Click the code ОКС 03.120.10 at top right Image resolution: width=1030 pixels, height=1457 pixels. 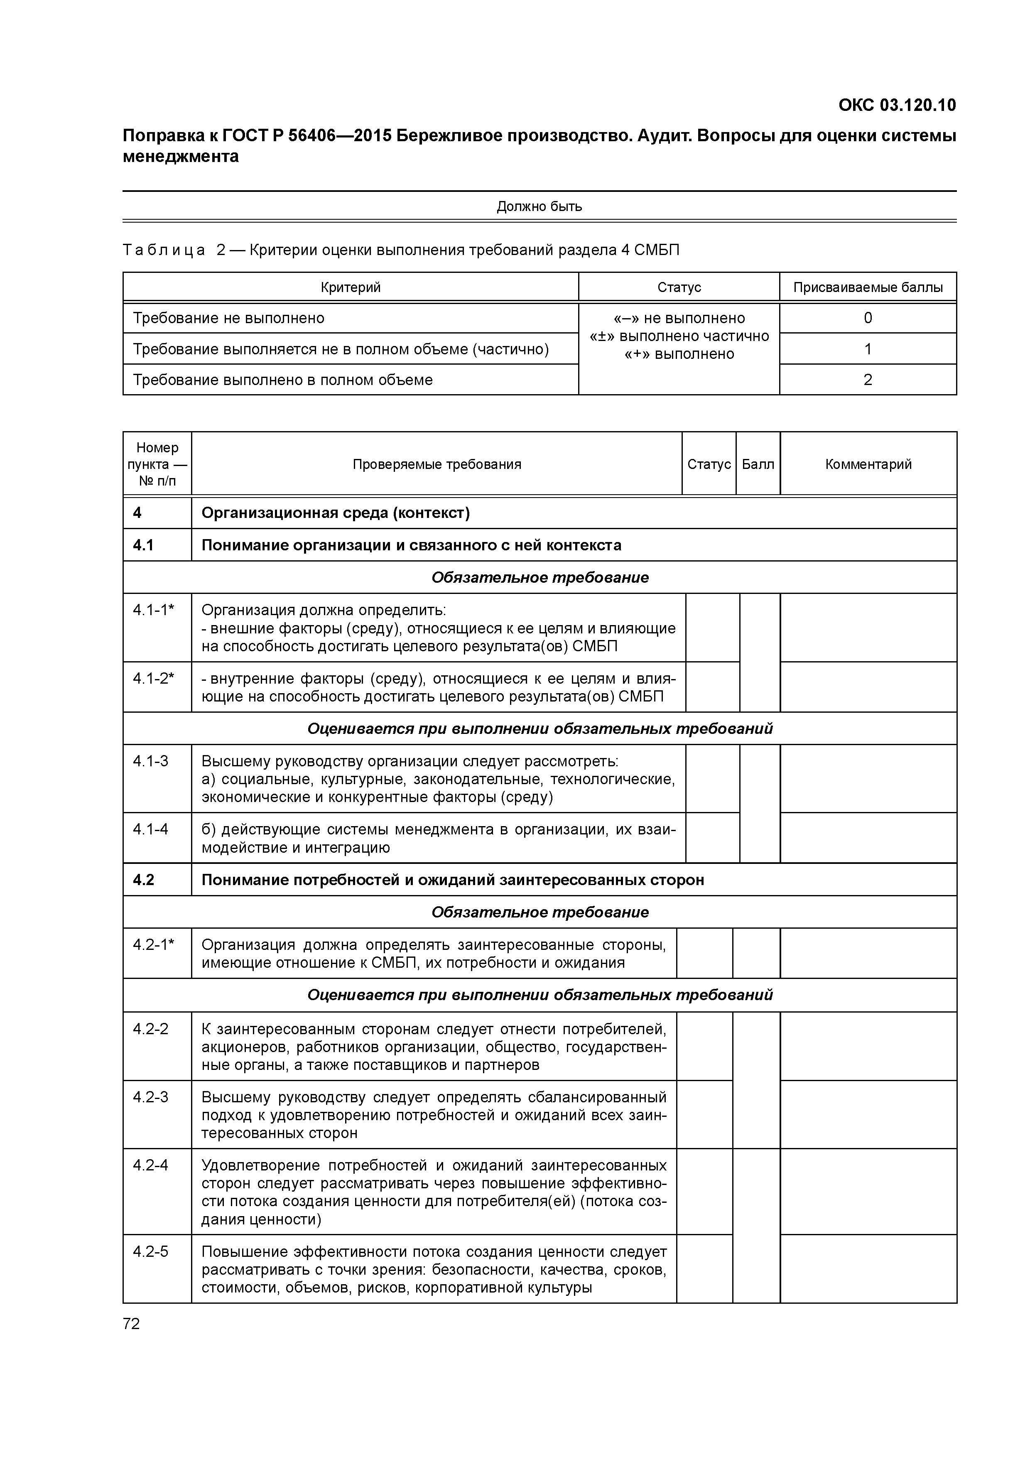pos(897,105)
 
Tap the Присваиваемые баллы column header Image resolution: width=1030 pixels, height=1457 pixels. pos(868,287)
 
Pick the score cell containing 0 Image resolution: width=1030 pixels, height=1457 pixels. pos(868,318)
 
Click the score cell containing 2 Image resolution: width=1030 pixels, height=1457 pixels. pos(868,380)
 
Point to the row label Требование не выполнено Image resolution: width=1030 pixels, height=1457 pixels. pos(228,318)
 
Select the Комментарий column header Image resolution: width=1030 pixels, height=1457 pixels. pos(868,464)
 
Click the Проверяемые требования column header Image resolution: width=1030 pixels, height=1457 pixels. pos(437,464)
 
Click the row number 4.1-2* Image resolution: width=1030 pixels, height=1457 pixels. pos(153,678)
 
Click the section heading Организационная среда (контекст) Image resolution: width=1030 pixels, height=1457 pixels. pos(336,513)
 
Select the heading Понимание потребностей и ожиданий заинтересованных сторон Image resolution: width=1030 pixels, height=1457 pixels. pos(452,880)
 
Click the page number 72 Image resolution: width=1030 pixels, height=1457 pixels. pos(131,1324)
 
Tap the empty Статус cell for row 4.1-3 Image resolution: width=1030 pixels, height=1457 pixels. pos(712,778)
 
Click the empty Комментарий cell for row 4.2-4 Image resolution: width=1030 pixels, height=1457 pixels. pos(868,1191)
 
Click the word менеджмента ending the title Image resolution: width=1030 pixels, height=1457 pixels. pos(181,156)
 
